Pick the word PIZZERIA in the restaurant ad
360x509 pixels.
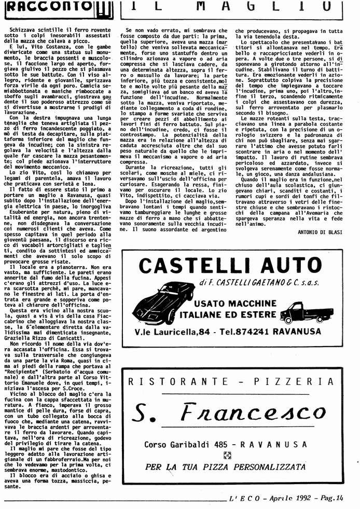[303, 381]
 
